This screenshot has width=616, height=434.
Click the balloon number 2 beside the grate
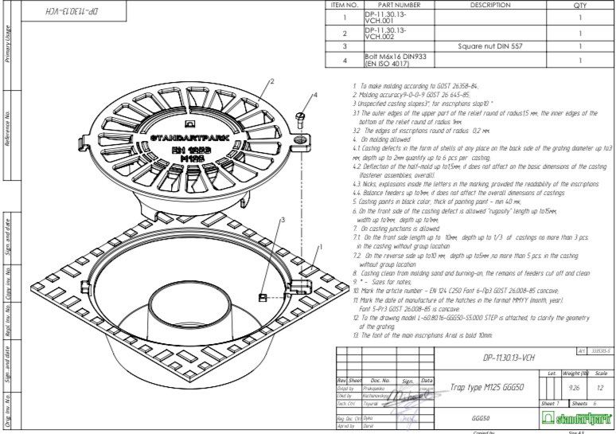pyautogui.click(x=272, y=80)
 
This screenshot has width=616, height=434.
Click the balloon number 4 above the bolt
pyautogui.click(x=315, y=94)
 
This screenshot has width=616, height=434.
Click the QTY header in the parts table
pyautogui.click(x=579, y=5)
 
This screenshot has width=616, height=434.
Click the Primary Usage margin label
pyautogui.click(x=8, y=44)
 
